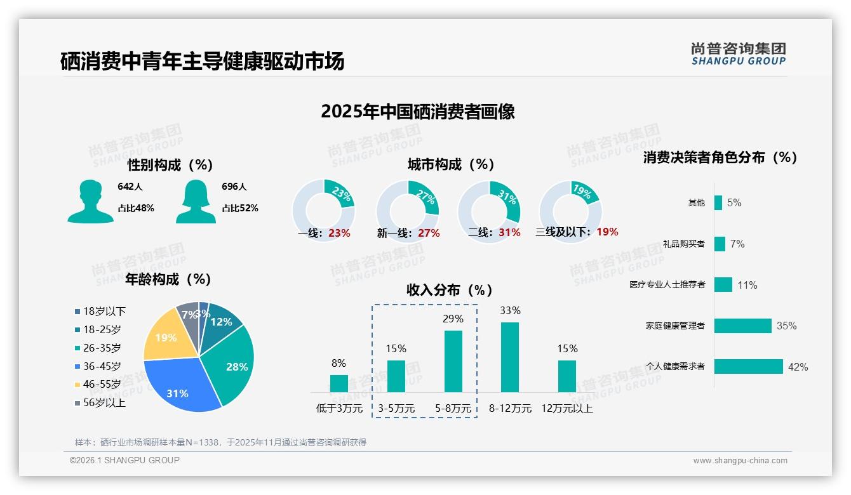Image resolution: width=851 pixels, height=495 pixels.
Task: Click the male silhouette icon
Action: pos(90,201)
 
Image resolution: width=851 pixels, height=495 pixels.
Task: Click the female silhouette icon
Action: pos(196,201)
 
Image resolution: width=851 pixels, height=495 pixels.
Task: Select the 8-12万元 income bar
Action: pos(510,357)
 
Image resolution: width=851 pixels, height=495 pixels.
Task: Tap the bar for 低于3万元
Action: pos(338,383)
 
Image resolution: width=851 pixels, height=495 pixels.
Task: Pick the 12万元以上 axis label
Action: pos(566,409)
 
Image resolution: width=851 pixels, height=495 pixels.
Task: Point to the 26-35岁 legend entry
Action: pos(98,348)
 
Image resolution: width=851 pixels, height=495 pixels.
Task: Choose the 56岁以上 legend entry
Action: pos(100,403)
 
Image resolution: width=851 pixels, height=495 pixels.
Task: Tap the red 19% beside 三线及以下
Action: pos(607,232)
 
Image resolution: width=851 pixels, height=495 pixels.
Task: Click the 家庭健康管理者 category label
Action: pos(675,326)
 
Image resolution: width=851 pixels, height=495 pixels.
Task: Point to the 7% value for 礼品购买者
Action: pos(737,244)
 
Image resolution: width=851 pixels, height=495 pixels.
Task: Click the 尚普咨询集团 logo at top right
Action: pos(738,53)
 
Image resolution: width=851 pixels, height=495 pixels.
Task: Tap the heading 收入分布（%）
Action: pos(450,290)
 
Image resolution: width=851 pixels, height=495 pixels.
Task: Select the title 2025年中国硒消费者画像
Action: pos(417,112)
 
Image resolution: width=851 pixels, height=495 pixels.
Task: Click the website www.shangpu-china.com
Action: pos(740,461)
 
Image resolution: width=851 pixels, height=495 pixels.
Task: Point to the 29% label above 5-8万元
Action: pos(453,319)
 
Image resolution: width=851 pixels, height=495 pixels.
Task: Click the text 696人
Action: pos(234,187)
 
